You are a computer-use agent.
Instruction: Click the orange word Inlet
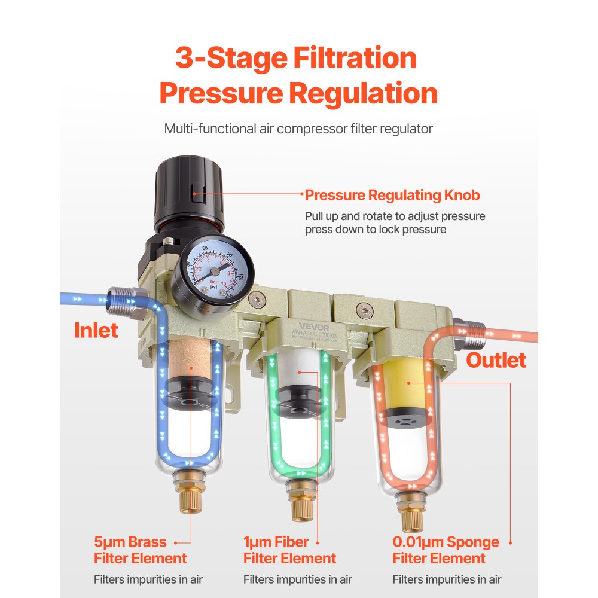click(96, 330)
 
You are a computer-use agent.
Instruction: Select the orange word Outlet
click(496, 360)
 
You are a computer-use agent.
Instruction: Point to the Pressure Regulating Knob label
click(392, 195)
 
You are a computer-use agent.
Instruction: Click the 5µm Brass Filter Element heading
click(140, 550)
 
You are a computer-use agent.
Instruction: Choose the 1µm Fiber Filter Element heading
click(289, 550)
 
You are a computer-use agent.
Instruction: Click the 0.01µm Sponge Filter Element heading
click(446, 550)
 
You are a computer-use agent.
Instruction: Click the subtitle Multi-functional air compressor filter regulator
click(298, 129)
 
